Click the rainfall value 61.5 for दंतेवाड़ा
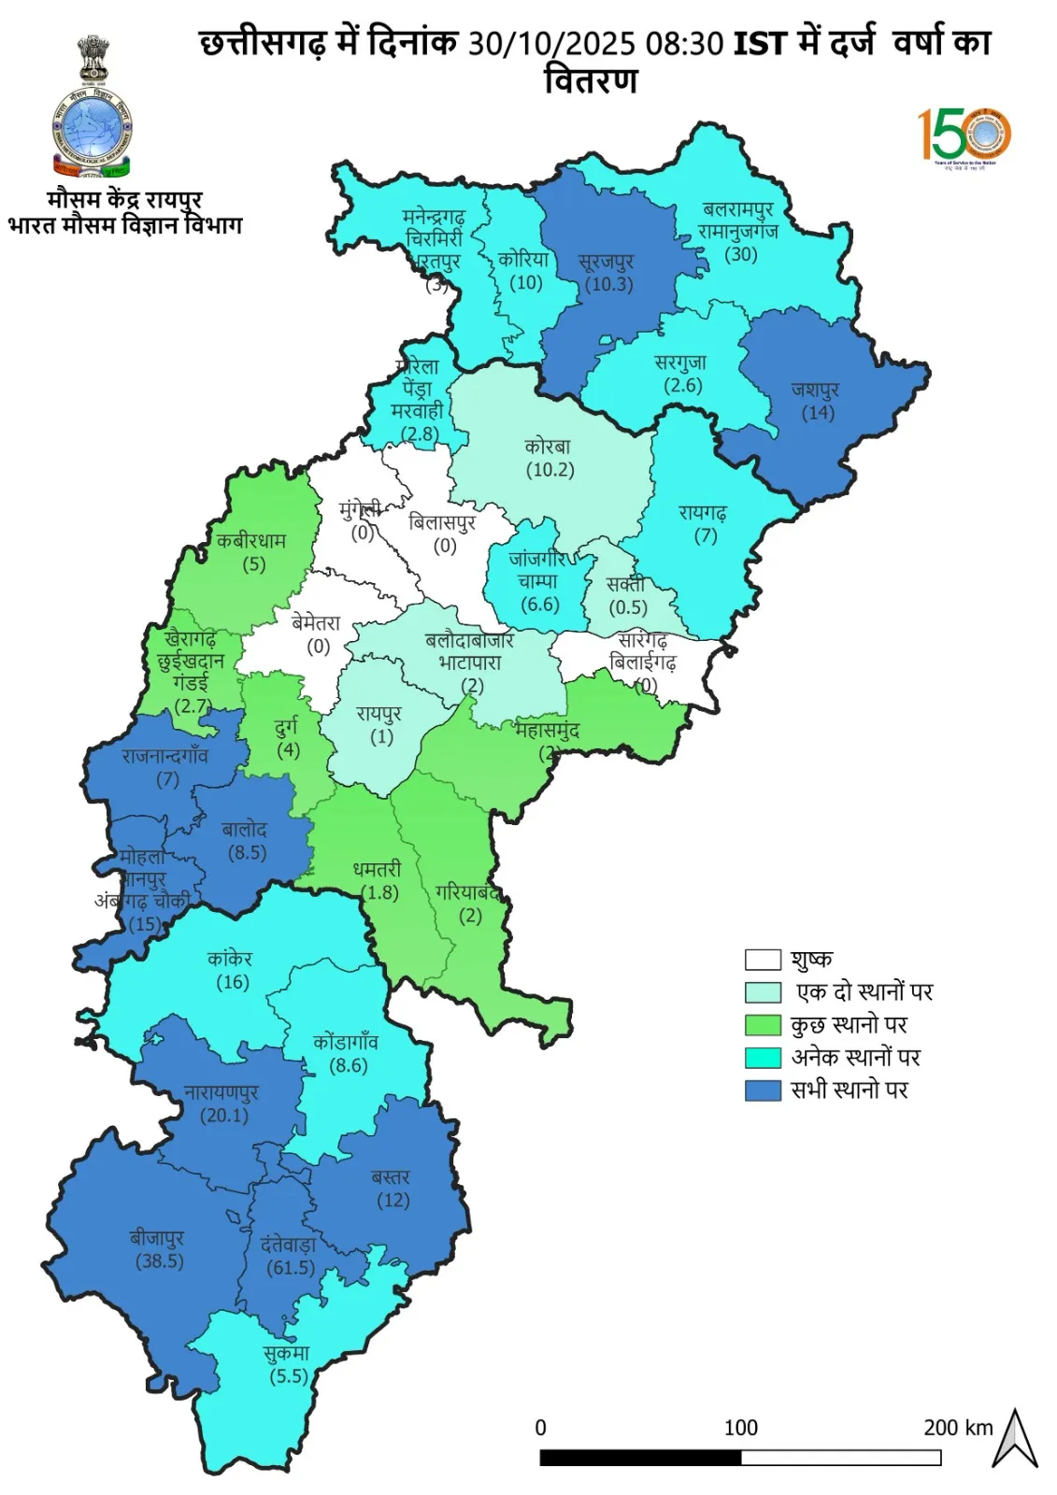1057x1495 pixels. click(291, 1268)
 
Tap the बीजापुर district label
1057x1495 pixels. click(157, 1237)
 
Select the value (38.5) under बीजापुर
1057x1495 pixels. click(160, 1260)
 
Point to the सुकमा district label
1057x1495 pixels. click(286, 1352)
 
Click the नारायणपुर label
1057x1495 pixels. click(221, 1091)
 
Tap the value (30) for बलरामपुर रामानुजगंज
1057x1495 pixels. click(741, 254)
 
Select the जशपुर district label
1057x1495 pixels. click(815, 389)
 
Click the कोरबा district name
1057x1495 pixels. click(547, 446)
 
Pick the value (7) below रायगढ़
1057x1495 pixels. click(706, 536)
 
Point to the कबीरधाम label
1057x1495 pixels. click(251, 540)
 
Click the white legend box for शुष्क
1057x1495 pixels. click(763, 960)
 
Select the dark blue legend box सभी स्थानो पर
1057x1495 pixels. click(763, 1090)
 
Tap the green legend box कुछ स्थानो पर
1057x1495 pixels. click(763, 1025)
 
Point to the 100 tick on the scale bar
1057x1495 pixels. click(741, 1428)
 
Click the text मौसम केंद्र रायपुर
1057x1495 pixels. click(124, 199)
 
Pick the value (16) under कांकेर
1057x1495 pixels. click(233, 982)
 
